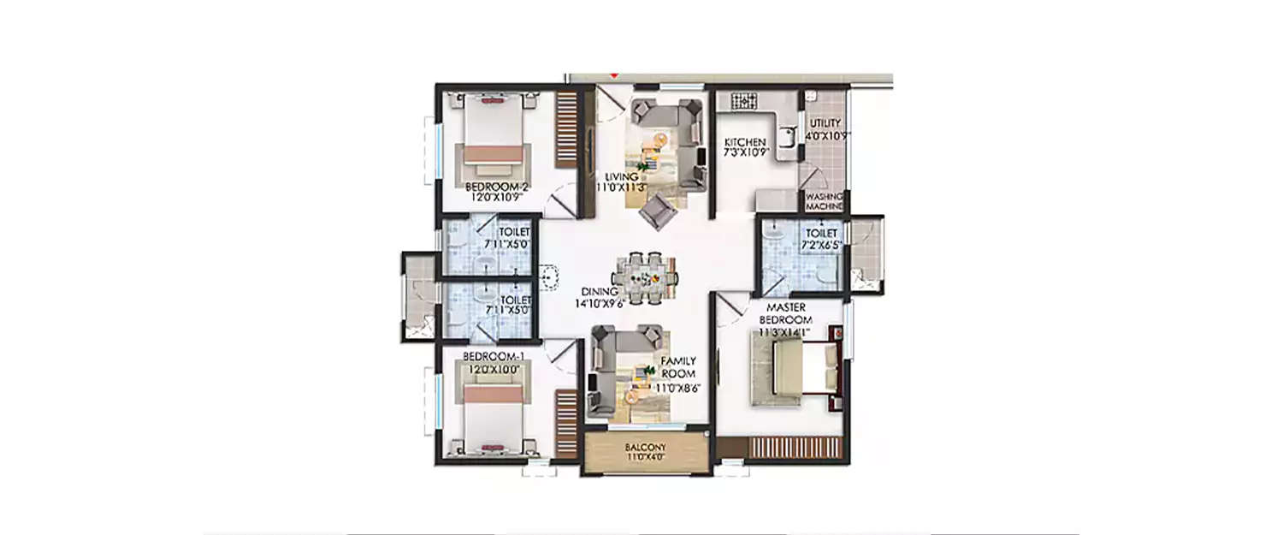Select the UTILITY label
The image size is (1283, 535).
coord(825,123)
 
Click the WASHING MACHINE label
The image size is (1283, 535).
coord(824,201)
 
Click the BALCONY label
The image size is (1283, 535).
coord(646,448)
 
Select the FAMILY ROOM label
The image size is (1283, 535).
coord(677,368)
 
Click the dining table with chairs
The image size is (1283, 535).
coord(646,277)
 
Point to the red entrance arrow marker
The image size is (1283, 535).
coord(612,77)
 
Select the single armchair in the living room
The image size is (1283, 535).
coord(656,210)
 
